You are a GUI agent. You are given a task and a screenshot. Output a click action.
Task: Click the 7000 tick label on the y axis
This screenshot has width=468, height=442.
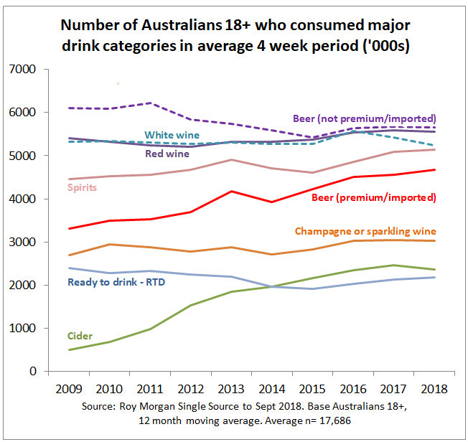[x=27, y=70]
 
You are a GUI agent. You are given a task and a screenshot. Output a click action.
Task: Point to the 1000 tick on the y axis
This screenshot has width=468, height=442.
[x=27, y=329]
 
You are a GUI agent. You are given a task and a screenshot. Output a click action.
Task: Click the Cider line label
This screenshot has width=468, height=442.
[x=79, y=336]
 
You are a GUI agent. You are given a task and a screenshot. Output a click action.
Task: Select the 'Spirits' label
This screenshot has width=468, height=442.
[x=83, y=187]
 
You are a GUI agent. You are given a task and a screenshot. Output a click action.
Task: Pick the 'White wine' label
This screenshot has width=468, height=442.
[x=172, y=134]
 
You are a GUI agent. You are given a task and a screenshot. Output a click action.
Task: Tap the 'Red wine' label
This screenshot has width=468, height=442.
[x=167, y=153]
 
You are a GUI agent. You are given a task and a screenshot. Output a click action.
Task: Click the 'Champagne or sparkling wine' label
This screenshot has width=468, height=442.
[x=365, y=230]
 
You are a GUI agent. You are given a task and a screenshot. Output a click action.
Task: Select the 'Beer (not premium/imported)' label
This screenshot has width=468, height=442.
[x=365, y=118]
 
